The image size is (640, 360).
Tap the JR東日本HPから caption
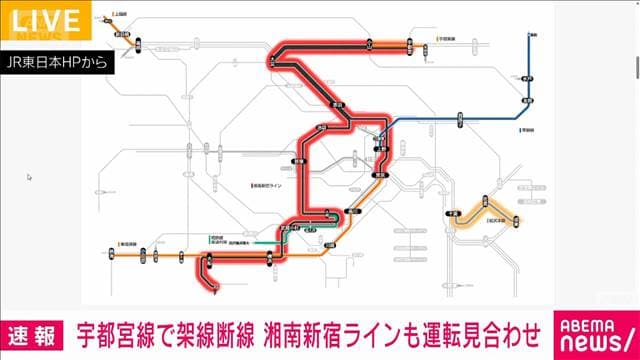pyautogui.click(x=58, y=61)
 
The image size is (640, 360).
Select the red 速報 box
pyautogui.click(x=33, y=329)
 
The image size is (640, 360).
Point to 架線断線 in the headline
pyautogui.click(x=214, y=329)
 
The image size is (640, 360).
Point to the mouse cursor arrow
pyautogui.click(x=30, y=177)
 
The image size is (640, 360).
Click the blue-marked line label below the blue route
pyautogui.click(x=528, y=129)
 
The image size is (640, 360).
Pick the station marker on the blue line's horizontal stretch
pyautogui.click(x=459, y=118)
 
